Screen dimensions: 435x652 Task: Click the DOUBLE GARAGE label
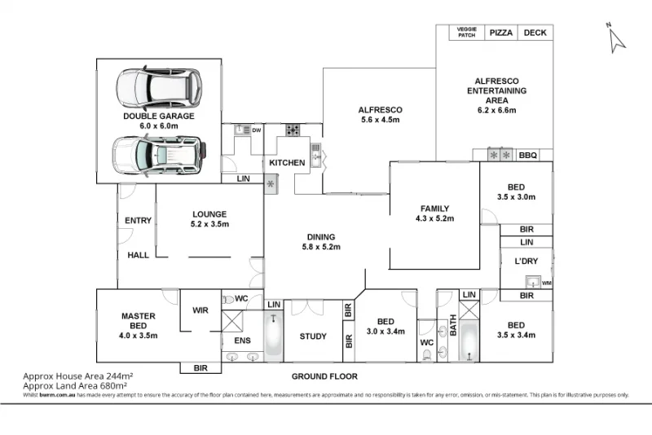tap(159, 116)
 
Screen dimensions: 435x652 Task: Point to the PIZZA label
tap(500, 33)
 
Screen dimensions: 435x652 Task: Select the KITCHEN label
tap(287, 163)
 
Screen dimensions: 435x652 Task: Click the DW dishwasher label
tap(255, 130)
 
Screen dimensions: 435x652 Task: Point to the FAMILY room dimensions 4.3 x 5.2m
tap(434, 218)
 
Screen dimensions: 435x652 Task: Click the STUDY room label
tap(312, 336)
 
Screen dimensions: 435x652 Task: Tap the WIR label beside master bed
tap(200, 310)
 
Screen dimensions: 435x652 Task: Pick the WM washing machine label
tap(546, 283)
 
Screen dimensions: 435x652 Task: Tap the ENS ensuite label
tap(242, 340)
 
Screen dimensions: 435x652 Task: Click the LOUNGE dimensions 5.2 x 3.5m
tap(209, 224)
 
